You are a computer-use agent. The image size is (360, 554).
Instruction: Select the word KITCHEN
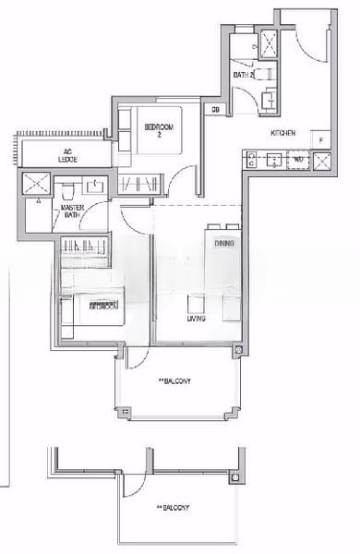pos(282,135)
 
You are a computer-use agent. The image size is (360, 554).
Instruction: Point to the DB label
pos(215,111)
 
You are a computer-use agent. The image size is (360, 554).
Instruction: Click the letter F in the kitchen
pos(320,139)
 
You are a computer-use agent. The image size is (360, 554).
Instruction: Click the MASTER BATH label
pos(73,213)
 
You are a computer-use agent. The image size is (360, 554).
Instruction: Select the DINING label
pos(223,244)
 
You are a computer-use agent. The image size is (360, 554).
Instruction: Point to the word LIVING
pos(196,319)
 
